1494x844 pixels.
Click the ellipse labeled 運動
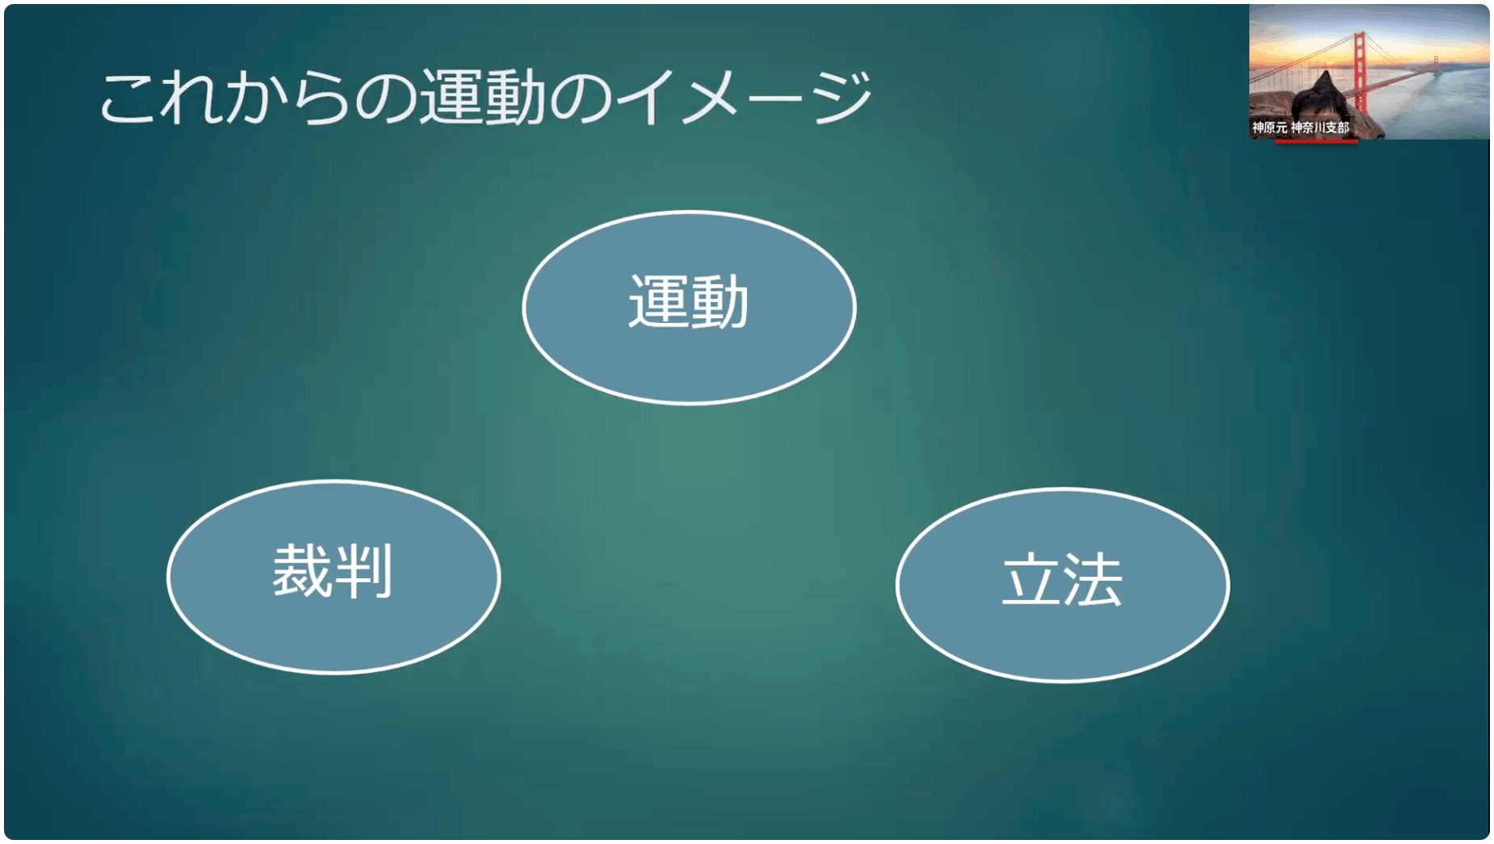pos(689,308)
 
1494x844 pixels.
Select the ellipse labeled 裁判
pos(334,577)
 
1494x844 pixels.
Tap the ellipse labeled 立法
pos(1063,585)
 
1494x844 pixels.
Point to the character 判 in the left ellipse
pos(363,570)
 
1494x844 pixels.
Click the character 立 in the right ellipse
pos(1031,579)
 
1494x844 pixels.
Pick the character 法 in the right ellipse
pos(1093,579)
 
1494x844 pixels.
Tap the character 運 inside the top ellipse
pos(658,301)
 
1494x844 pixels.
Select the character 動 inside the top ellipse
pos(720,301)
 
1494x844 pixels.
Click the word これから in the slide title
pos(225,97)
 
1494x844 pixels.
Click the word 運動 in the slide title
pos(481,97)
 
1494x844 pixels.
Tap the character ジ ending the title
pos(842,97)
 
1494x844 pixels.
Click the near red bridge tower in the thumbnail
pos(1360,73)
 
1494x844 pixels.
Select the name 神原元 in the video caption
pos(1269,128)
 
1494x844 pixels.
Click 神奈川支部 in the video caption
pos(1320,128)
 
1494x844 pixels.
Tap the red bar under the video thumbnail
pos(1316,141)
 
